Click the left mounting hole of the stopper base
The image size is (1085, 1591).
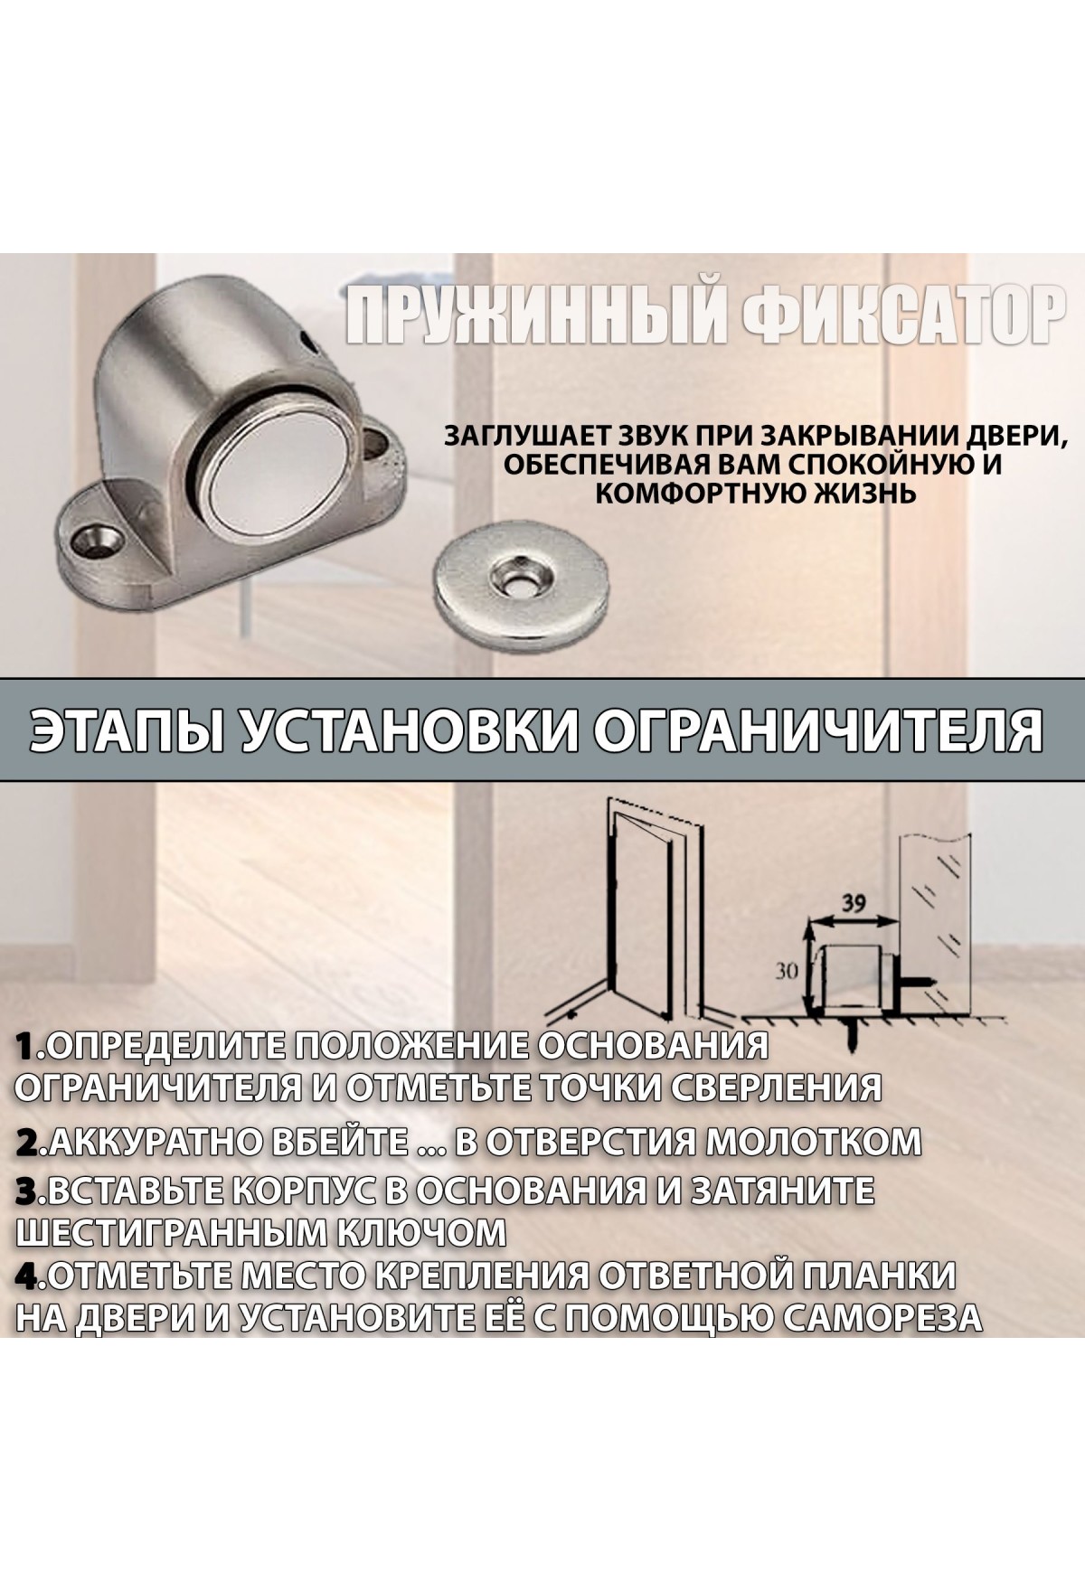coord(97,541)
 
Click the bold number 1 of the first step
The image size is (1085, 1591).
coord(28,1047)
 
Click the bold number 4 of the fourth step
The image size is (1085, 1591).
coord(29,1276)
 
